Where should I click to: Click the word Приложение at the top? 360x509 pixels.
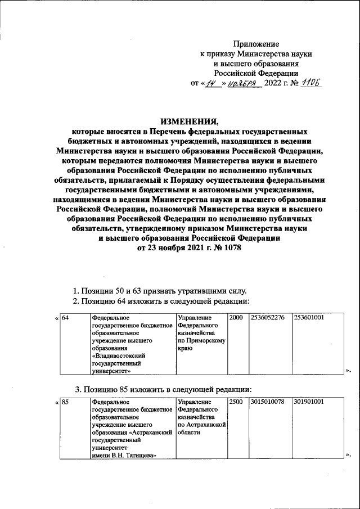click(256, 43)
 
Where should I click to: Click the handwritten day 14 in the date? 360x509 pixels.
click(211, 83)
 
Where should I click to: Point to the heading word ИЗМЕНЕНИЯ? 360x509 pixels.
click(188, 121)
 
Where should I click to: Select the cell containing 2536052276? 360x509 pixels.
click(268, 318)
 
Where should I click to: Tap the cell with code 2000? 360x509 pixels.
click(236, 318)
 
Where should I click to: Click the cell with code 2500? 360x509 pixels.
click(236, 402)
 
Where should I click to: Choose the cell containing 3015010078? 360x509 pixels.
click(268, 402)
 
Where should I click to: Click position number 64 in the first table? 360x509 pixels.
click(65, 318)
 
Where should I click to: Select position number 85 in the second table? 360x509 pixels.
click(65, 402)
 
